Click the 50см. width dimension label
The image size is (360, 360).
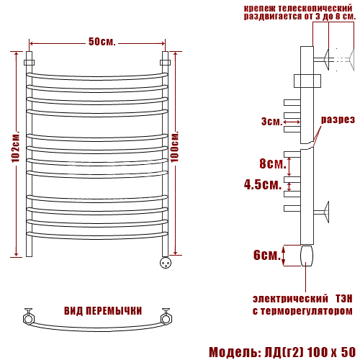point(102,42)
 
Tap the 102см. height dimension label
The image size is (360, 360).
point(15,146)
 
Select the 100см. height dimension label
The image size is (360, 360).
point(174,146)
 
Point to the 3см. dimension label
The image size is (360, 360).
point(272,122)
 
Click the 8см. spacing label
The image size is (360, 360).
point(273,163)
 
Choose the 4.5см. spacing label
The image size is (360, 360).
point(263,184)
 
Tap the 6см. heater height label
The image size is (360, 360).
point(267,255)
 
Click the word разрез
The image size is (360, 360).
point(338,120)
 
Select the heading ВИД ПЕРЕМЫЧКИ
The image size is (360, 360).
point(103,311)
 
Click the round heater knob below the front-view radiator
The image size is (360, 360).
point(166,262)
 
